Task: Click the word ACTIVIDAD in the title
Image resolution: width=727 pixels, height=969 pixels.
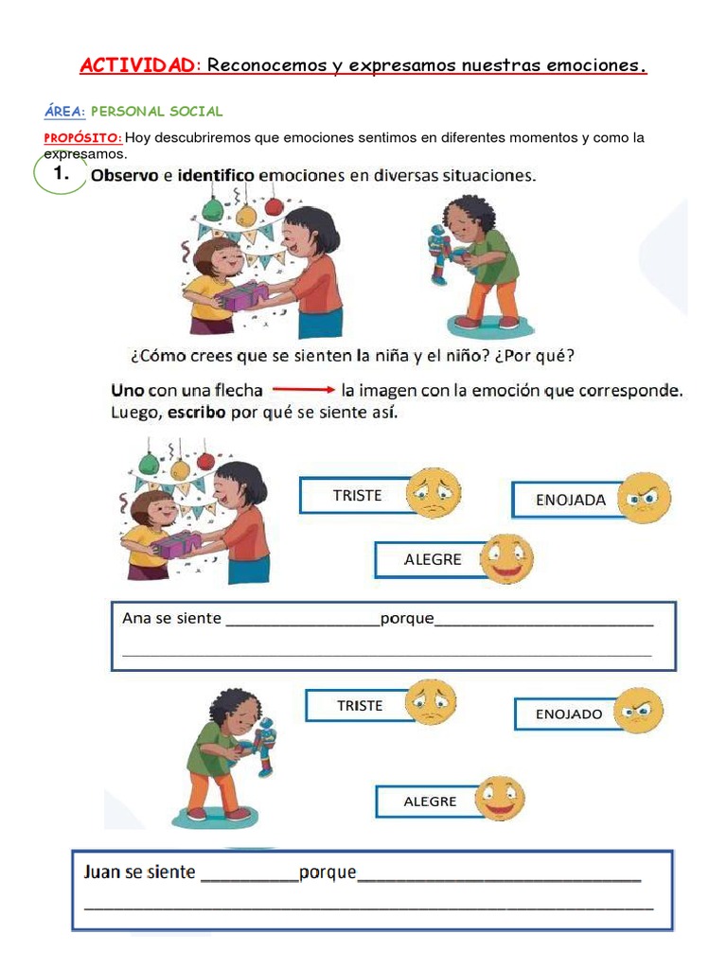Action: coord(137,65)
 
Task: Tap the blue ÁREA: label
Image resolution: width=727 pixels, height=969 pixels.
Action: coord(64,111)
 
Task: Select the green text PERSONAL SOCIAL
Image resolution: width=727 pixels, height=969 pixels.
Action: coord(156,111)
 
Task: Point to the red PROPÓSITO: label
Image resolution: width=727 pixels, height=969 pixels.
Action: coord(83,137)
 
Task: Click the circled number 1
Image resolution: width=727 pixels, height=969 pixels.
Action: coord(61,173)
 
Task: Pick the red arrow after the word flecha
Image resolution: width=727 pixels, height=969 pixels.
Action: coord(304,390)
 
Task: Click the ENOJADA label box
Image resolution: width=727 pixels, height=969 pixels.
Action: coord(570,500)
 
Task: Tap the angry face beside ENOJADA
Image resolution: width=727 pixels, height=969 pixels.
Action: coord(645,498)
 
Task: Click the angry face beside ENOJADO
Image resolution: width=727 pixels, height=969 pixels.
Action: coord(639,711)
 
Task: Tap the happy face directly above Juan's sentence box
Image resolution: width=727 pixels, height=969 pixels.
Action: coord(499,799)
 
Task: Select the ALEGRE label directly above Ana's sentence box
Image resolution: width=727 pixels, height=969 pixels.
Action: coord(433,559)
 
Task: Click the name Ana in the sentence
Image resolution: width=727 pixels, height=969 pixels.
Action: coord(136,618)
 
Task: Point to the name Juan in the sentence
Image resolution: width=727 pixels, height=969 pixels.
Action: coord(102,872)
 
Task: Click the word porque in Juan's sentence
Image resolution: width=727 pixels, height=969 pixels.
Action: coord(328,872)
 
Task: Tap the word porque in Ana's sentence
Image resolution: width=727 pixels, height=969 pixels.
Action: coord(407,618)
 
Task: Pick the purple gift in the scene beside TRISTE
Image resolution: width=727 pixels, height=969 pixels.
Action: coord(179,544)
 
